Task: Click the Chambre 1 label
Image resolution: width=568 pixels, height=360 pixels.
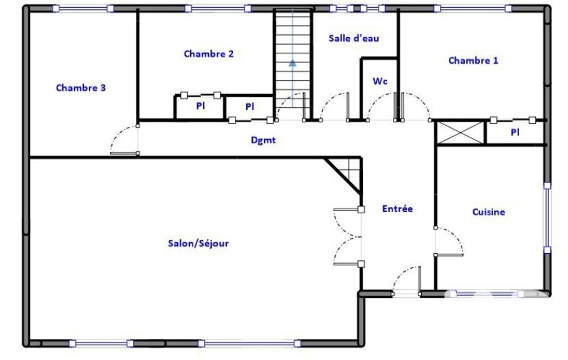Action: pyautogui.click(x=473, y=60)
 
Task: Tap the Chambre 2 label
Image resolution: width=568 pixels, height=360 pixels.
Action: pyautogui.click(x=209, y=54)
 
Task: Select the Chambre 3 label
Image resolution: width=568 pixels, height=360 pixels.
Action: pyautogui.click(x=81, y=88)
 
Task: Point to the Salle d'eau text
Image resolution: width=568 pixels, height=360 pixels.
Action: pyautogui.click(x=354, y=38)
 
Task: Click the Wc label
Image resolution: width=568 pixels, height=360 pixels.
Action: pyautogui.click(x=380, y=81)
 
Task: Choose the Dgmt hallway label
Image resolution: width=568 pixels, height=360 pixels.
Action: pyautogui.click(x=263, y=140)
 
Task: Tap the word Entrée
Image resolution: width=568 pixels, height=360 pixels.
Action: pyautogui.click(x=397, y=209)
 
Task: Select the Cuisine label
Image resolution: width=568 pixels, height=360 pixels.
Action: pyautogui.click(x=489, y=212)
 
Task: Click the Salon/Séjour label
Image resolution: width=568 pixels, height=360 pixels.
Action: pyautogui.click(x=198, y=243)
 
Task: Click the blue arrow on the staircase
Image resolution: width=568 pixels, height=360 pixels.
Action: pyautogui.click(x=293, y=63)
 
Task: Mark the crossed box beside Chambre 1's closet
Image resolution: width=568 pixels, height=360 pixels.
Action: pyautogui.click(x=461, y=132)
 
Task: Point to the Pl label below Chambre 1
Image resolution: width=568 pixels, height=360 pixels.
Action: pyautogui.click(x=515, y=132)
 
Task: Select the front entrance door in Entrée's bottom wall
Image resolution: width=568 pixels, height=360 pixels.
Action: pyautogui.click(x=406, y=281)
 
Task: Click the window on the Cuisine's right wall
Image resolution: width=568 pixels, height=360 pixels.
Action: pyautogui.click(x=547, y=218)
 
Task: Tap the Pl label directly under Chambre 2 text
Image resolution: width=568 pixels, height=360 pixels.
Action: pyautogui.click(x=200, y=106)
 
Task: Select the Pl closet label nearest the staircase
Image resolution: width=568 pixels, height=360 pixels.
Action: pyautogui.click(x=249, y=107)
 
